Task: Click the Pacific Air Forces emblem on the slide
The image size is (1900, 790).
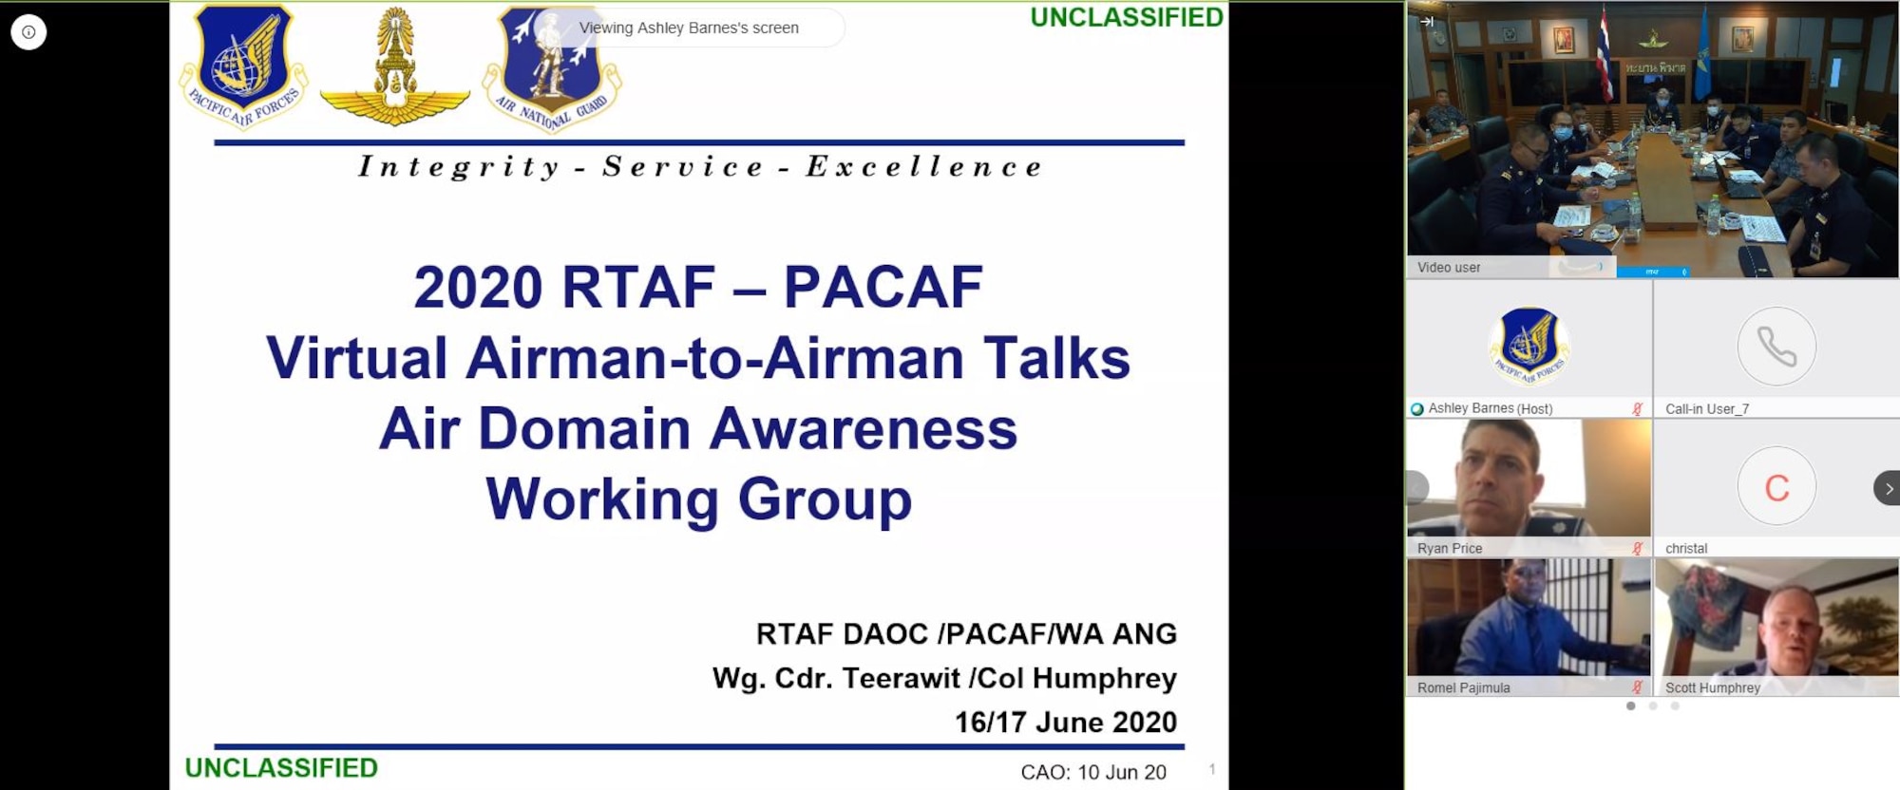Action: (244, 66)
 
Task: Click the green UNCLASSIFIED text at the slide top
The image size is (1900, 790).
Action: (1127, 18)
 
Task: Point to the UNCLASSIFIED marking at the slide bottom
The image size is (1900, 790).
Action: (281, 768)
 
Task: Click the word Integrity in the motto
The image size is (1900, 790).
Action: (459, 167)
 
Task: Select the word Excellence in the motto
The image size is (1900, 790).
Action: (924, 167)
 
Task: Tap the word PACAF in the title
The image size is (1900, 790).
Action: (883, 287)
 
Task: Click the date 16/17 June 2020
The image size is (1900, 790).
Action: (1065, 723)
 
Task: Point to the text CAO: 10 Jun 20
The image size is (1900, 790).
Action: (1092, 773)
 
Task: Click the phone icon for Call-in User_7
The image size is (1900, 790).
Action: (1776, 346)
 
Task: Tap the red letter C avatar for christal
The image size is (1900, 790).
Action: (1776, 487)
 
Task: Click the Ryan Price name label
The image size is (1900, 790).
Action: (1450, 549)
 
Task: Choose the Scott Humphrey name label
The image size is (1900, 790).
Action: (1712, 688)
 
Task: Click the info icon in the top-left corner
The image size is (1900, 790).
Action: (28, 32)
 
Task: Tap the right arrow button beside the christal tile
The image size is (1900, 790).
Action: (1888, 488)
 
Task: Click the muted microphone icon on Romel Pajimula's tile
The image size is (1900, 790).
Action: (1637, 687)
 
